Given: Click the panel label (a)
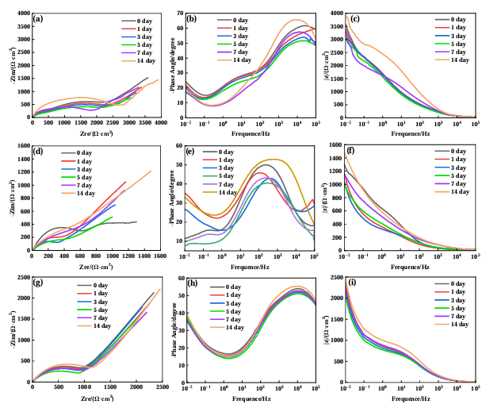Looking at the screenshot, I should coord(40,19).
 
